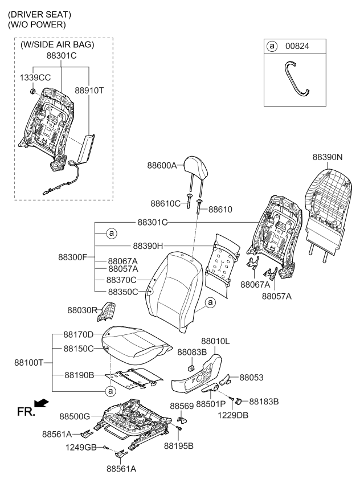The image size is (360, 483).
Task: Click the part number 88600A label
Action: (162, 166)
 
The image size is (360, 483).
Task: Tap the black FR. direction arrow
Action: (41, 404)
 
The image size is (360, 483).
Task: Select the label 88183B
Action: (264, 402)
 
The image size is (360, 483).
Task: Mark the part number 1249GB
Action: (81, 448)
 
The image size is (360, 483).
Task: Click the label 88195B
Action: (178, 445)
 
